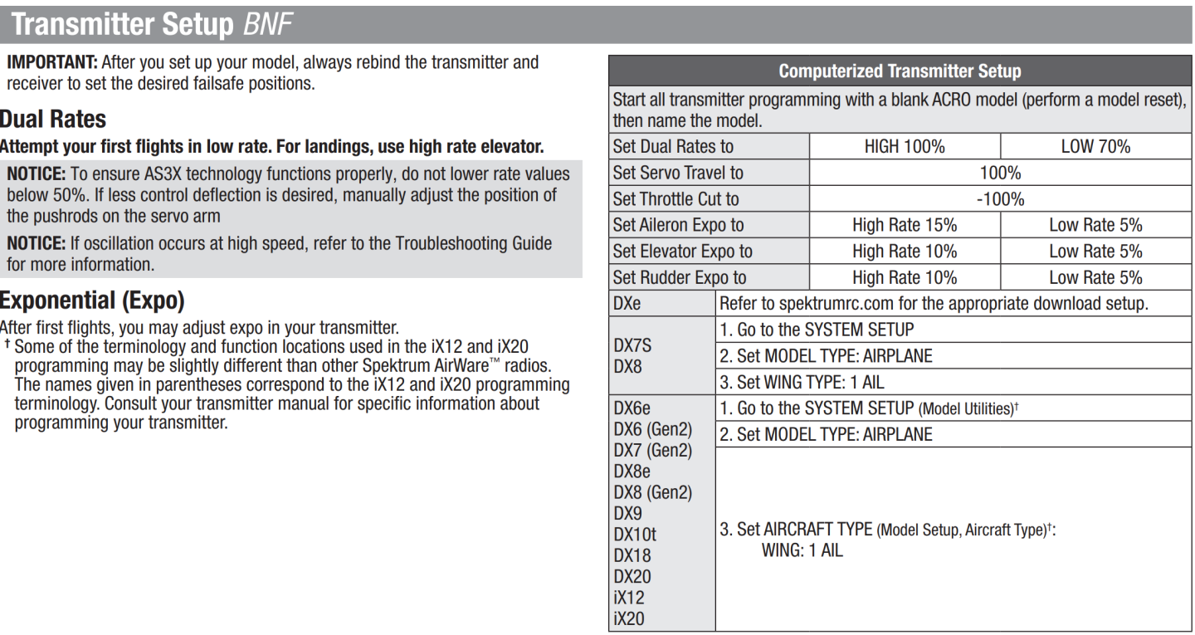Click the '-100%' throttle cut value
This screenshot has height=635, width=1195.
point(999,199)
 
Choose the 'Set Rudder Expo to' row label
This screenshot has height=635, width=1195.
point(678,277)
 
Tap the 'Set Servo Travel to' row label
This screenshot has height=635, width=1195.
point(677,173)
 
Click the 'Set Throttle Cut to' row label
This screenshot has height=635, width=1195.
point(675,199)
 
